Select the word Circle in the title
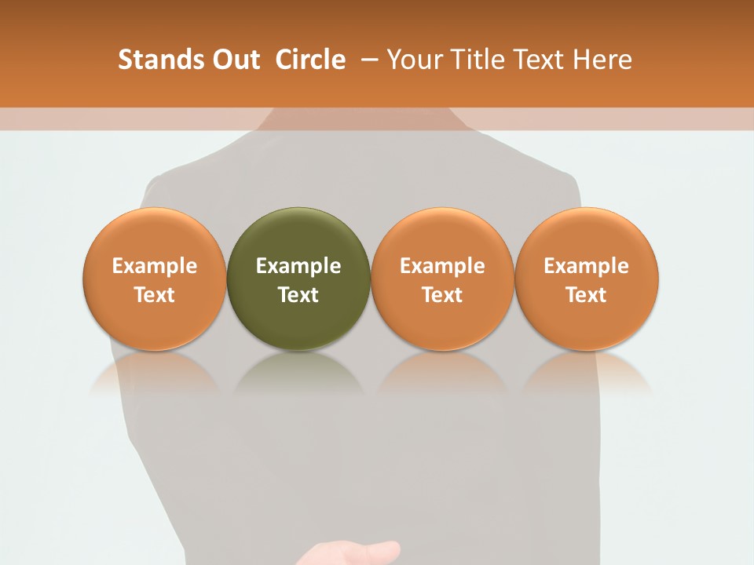(310, 60)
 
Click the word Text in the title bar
(540, 60)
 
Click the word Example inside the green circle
(298, 266)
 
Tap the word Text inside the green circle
(298, 295)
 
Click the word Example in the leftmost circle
(155, 266)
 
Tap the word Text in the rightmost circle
(587, 295)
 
